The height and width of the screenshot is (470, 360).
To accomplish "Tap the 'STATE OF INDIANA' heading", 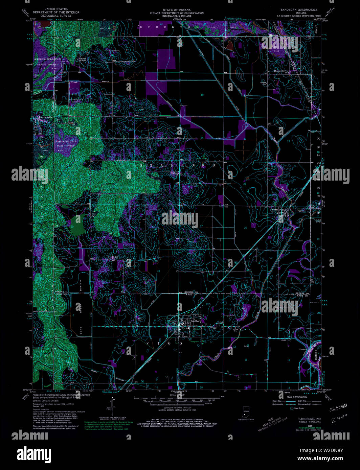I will [177, 10].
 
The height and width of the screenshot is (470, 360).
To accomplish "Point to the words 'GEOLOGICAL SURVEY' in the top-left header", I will [53, 15].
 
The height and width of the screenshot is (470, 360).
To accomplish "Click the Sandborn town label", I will [196, 321].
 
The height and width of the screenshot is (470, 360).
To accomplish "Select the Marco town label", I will [275, 209].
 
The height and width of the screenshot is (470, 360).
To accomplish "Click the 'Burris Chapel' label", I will [83, 60].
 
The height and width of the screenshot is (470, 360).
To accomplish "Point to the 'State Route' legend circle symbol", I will [291, 408].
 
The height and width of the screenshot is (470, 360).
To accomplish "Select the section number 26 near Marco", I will [245, 228].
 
